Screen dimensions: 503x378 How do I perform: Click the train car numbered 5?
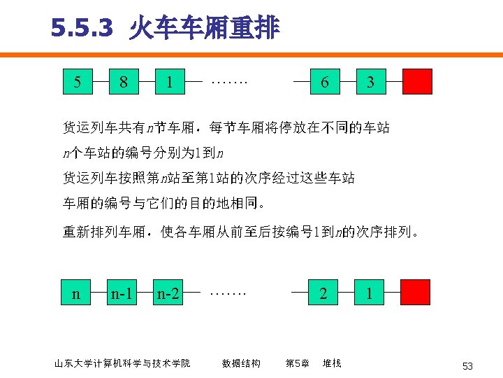(77, 81)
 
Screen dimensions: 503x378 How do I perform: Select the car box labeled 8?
(123, 81)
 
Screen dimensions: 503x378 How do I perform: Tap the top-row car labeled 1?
(169, 81)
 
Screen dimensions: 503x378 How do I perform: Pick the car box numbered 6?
(324, 81)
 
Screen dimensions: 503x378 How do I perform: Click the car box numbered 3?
(370, 81)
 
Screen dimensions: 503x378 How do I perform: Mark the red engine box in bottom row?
(416, 292)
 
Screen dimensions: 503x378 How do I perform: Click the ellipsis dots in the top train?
(230, 81)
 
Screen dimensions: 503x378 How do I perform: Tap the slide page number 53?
(467, 366)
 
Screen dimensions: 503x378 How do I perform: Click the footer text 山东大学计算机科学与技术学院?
(122, 363)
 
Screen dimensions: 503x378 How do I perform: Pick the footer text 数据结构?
(241, 363)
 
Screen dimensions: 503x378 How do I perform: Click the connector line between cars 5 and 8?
(100, 81)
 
